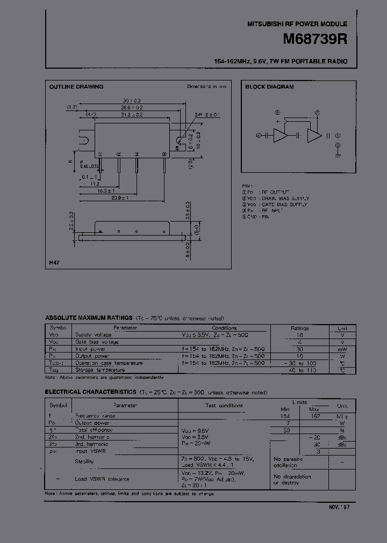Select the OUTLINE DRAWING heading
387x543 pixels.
click(76, 87)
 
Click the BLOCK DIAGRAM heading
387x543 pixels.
click(269, 87)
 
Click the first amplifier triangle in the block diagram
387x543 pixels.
click(280, 136)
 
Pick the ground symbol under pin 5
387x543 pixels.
click(338, 155)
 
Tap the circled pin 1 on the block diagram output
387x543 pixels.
click(338, 135)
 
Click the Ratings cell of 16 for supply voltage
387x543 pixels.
click(299, 334)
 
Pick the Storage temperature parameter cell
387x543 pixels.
click(97, 370)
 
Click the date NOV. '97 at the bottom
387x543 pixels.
click(340, 507)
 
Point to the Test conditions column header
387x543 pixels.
click(225, 406)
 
